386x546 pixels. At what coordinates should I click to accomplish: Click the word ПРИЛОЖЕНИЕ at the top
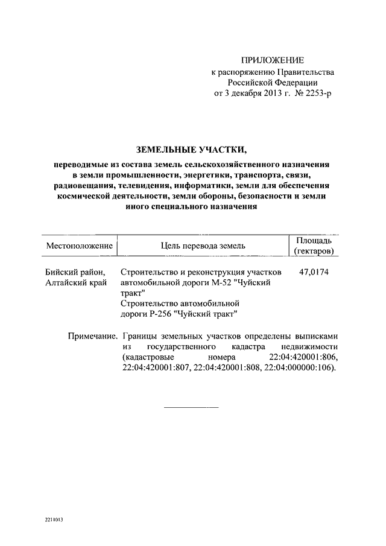pyautogui.click(x=273, y=60)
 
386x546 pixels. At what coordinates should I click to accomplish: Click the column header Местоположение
pyautogui.click(x=80, y=246)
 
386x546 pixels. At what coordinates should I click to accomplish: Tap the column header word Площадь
pyautogui.click(x=314, y=240)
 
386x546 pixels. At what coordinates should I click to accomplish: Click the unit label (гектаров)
pyautogui.click(x=314, y=251)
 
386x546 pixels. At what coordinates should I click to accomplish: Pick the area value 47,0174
pyautogui.click(x=314, y=272)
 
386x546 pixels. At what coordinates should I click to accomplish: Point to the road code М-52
pyautogui.click(x=225, y=283)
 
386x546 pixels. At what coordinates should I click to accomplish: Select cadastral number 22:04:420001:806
pyautogui.click(x=303, y=358)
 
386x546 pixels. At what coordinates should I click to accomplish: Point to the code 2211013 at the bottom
pyautogui.click(x=52, y=519)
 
